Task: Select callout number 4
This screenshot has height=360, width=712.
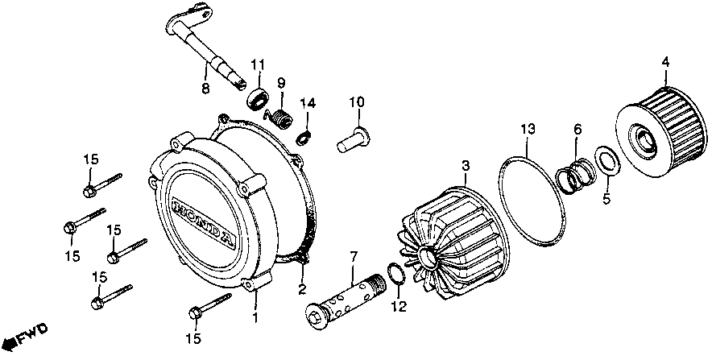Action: coord(664,61)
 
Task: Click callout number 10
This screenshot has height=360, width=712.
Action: coord(357,102)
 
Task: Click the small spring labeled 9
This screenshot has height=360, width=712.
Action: coord(280,117)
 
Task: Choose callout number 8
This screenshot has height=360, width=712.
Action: coord(205,89)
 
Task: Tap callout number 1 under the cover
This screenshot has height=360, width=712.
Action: coord(256,318)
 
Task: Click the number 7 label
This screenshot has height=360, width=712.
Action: coord(352,257)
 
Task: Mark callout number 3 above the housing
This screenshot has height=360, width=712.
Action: coord(465,167)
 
